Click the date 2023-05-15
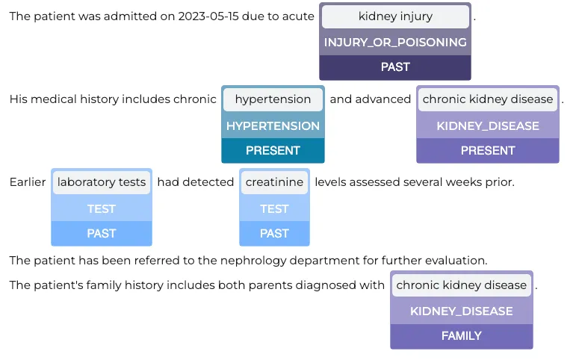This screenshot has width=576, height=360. coord(208,16)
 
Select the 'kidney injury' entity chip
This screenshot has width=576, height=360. coord(395,16)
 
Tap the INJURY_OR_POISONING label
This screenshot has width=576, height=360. coord(395,43)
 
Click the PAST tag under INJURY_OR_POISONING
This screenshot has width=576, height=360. coord(395,67)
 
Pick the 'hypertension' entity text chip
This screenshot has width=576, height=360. coord(273,99)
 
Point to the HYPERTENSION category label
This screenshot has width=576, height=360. coord(273,126)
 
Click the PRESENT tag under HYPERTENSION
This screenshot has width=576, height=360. coord(273,151)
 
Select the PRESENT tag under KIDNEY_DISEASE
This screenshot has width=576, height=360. coord(488,151)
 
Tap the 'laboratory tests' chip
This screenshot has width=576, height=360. coord(102,182)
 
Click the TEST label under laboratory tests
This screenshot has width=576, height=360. coord(102,209)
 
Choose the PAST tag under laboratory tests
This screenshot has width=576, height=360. coord(102,234)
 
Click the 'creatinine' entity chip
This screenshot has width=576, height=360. coord(274,182)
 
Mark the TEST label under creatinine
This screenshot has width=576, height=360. coord(274,209)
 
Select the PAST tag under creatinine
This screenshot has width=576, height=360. coord(274,234)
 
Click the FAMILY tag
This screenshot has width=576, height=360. coord(462,336)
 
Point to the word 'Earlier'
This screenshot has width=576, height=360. coord(28,182)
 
